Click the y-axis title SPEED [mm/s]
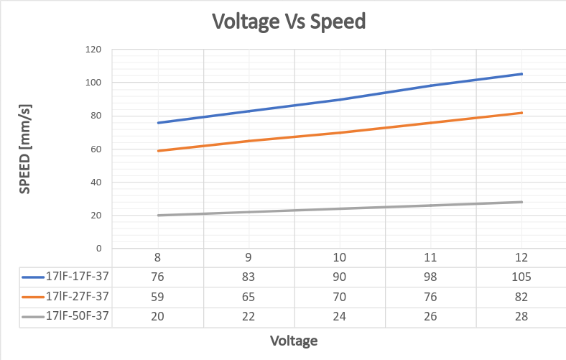24,149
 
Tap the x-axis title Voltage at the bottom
294,340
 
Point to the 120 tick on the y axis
93,50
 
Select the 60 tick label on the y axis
96,149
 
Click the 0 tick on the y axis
98,249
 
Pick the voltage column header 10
340,257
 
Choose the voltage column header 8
157,257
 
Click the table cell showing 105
522,277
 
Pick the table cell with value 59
157,296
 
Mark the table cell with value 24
340,315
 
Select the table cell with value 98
431,277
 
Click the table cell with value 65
249,296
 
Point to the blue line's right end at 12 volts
522,74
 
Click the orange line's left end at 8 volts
157,151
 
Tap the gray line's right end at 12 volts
522,202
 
